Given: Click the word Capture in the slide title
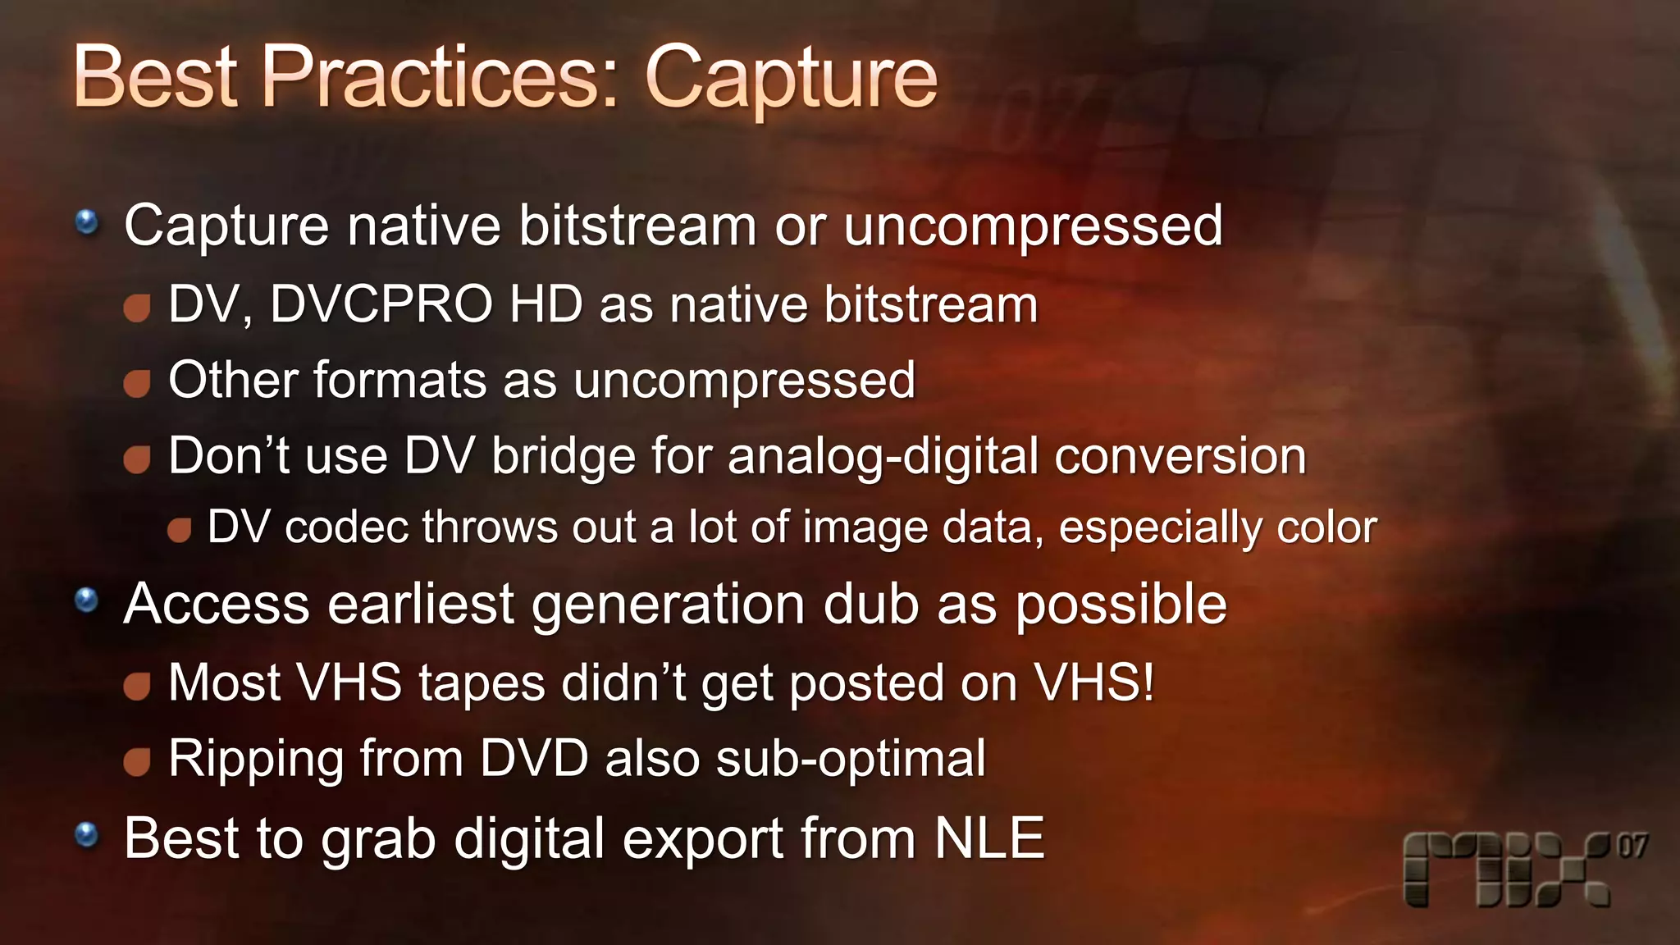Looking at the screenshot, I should (x=791, y=79).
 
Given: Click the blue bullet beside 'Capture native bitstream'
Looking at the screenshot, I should (x=86, y=221).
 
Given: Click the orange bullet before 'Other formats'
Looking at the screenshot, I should (x=137, y=383).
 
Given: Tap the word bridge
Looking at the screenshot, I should (x=564, y=456).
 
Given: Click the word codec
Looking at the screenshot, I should (x=345, y=527).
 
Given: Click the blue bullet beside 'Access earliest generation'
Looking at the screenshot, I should (x=86, y=601).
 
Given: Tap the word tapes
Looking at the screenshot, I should (x=482, y=682).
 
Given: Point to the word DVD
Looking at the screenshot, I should (x=534, y=758).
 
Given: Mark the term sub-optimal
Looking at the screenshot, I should (x=851, y=760).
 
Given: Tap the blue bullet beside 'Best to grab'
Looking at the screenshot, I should (x=86, y=836).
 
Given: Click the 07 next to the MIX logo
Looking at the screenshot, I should (x=1632, y=846).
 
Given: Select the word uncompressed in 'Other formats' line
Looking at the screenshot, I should (x=744, y=381).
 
